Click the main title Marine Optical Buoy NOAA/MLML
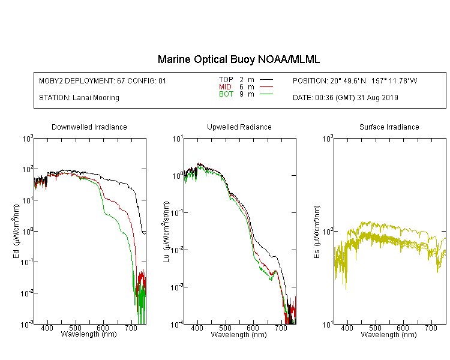[x=239, y=59]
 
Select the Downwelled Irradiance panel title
[x=89, y=127]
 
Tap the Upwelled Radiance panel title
[x=239, y=127]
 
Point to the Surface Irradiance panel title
[x=389, y=127]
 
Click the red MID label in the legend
[x=225, y=86]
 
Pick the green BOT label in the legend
[x=226, y=94]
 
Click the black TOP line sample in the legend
[x=266, y=80]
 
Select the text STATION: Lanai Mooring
[x=79, y=98]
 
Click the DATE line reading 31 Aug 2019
[x=346, y=98]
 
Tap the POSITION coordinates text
[x=355, y=80]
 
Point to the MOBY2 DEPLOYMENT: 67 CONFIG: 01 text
[x=103, y=80]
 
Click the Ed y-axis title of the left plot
[x=16, y=232]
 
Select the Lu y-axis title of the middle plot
[x=166, y=232]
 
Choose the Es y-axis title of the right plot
[x=317, y=232]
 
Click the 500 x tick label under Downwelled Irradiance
[x=75, y=328]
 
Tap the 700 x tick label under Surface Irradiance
[x=431, y=328]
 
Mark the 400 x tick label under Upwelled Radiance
[x=197, y=328]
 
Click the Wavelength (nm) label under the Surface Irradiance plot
[x=389, y=334]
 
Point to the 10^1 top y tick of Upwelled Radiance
[x=178, y=139]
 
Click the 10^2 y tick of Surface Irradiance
[x=328, y=232]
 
